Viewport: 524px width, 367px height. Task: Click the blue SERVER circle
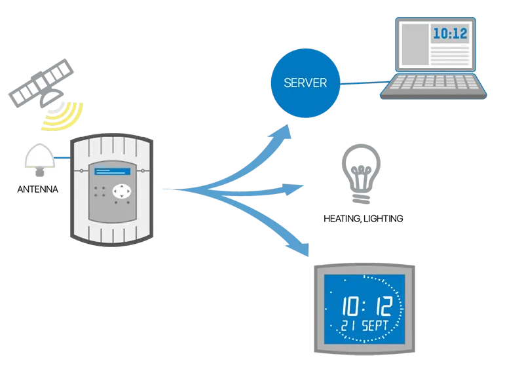pos(305,83)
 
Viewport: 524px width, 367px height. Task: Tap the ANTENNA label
pos(38,189)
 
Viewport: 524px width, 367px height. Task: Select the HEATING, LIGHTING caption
pos(364,219)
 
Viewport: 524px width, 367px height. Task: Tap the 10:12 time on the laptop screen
pos(450,33)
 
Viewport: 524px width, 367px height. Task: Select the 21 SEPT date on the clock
pos(364,325)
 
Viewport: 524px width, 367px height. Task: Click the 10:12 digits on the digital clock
pos(367,306)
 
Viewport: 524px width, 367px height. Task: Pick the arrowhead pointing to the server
pos(282,131)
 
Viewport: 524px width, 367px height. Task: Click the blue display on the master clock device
pos(113,172)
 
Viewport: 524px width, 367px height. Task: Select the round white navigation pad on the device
pos(122,191)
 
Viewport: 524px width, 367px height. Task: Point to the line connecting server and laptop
pos(365,83)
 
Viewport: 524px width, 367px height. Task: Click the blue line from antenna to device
pos(62,158)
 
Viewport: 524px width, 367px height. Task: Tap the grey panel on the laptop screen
pos(415,44)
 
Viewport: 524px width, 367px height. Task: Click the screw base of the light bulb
pos(361,199)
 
